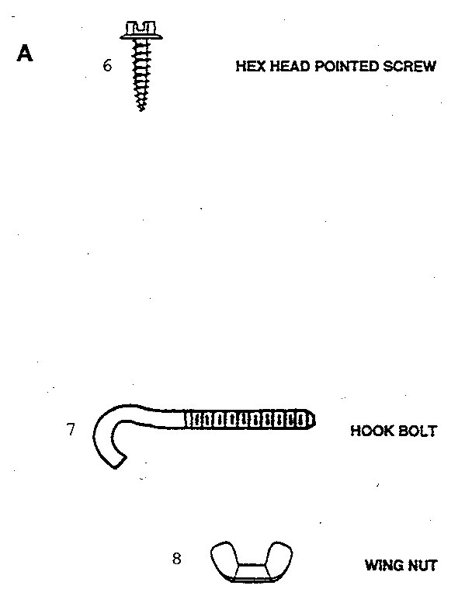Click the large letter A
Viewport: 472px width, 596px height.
click(25, 54)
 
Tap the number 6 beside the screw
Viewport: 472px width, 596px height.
click(107, 66)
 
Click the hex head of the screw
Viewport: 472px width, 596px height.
click(141, 30)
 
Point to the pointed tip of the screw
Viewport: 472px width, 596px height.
click(141, 110)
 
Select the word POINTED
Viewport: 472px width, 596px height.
click(346, 66)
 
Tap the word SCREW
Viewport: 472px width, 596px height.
click(409, 66)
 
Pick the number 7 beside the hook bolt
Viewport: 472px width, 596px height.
click(71, 429)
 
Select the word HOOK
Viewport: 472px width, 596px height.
click(372, 431)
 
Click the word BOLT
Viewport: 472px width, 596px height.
click(417, 431)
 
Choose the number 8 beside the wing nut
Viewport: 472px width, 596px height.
click(177, 559)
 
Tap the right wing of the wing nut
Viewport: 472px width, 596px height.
click(280, 556)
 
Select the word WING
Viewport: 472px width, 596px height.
click(384, 566)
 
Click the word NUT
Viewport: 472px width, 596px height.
click(422, 566)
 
